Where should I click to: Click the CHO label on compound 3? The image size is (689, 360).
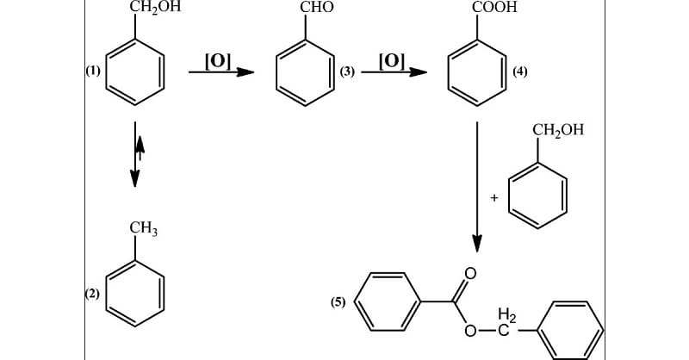(x=316, y=9)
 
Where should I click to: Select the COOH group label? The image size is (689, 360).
(x=494, y=8)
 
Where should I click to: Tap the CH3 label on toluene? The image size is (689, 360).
(x=144, y=229)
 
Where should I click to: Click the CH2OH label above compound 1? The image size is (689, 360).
(x=155, y=8)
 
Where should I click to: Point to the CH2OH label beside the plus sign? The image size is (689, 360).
(x=557, y=131)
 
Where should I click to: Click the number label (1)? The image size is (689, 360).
(x=92, y=71)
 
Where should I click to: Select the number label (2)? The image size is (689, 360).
(x=92, y=295)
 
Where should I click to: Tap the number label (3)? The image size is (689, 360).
(x=348, y=71)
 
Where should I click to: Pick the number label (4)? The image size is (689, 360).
(x=519, y=71)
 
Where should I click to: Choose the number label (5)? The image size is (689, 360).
(x=338, y=302)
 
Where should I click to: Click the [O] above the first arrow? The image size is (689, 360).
(x=216, y=60)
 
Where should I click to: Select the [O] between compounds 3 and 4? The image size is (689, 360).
(x=391, y=60)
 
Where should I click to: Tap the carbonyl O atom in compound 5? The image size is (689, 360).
(x=469, y=274)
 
